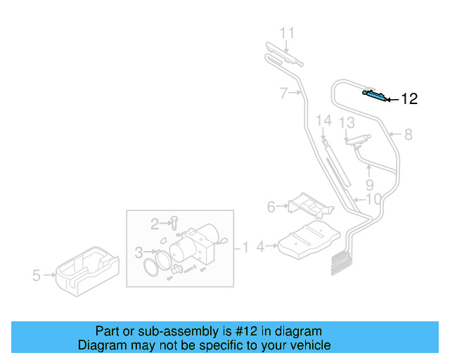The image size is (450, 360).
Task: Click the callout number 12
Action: coord(409,99)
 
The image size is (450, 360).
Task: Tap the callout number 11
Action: coord(288,33)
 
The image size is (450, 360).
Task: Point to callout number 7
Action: coord(283,92)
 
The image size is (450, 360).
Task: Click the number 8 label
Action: coord(408,134)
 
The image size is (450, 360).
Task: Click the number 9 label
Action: coord(369,186)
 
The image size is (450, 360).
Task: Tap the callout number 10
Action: coord(373,200)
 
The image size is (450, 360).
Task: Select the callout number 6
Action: coord(271,207)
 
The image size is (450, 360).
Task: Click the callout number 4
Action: coord(260,247)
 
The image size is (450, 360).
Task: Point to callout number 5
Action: coord(37,276)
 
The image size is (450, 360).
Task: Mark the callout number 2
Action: coord(155,224)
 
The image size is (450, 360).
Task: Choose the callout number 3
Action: coord(139,251)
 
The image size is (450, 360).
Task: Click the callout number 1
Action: coord(246,247)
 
